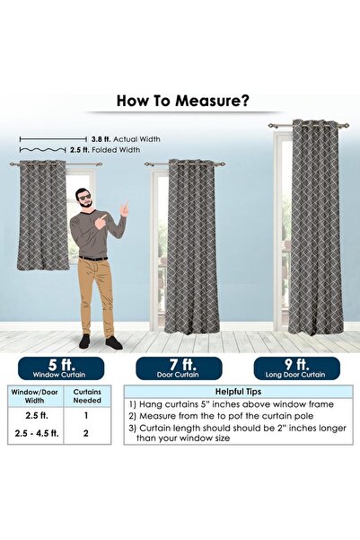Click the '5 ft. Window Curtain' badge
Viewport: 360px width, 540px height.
coord(59,367)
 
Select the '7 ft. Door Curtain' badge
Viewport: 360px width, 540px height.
coord(180,367)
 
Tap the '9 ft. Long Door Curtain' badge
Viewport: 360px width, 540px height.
coord(296,367)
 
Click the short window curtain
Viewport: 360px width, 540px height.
coord(42,216)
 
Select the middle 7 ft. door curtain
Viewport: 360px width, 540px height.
coord(190,247)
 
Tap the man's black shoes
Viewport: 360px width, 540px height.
coord(99,343)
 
